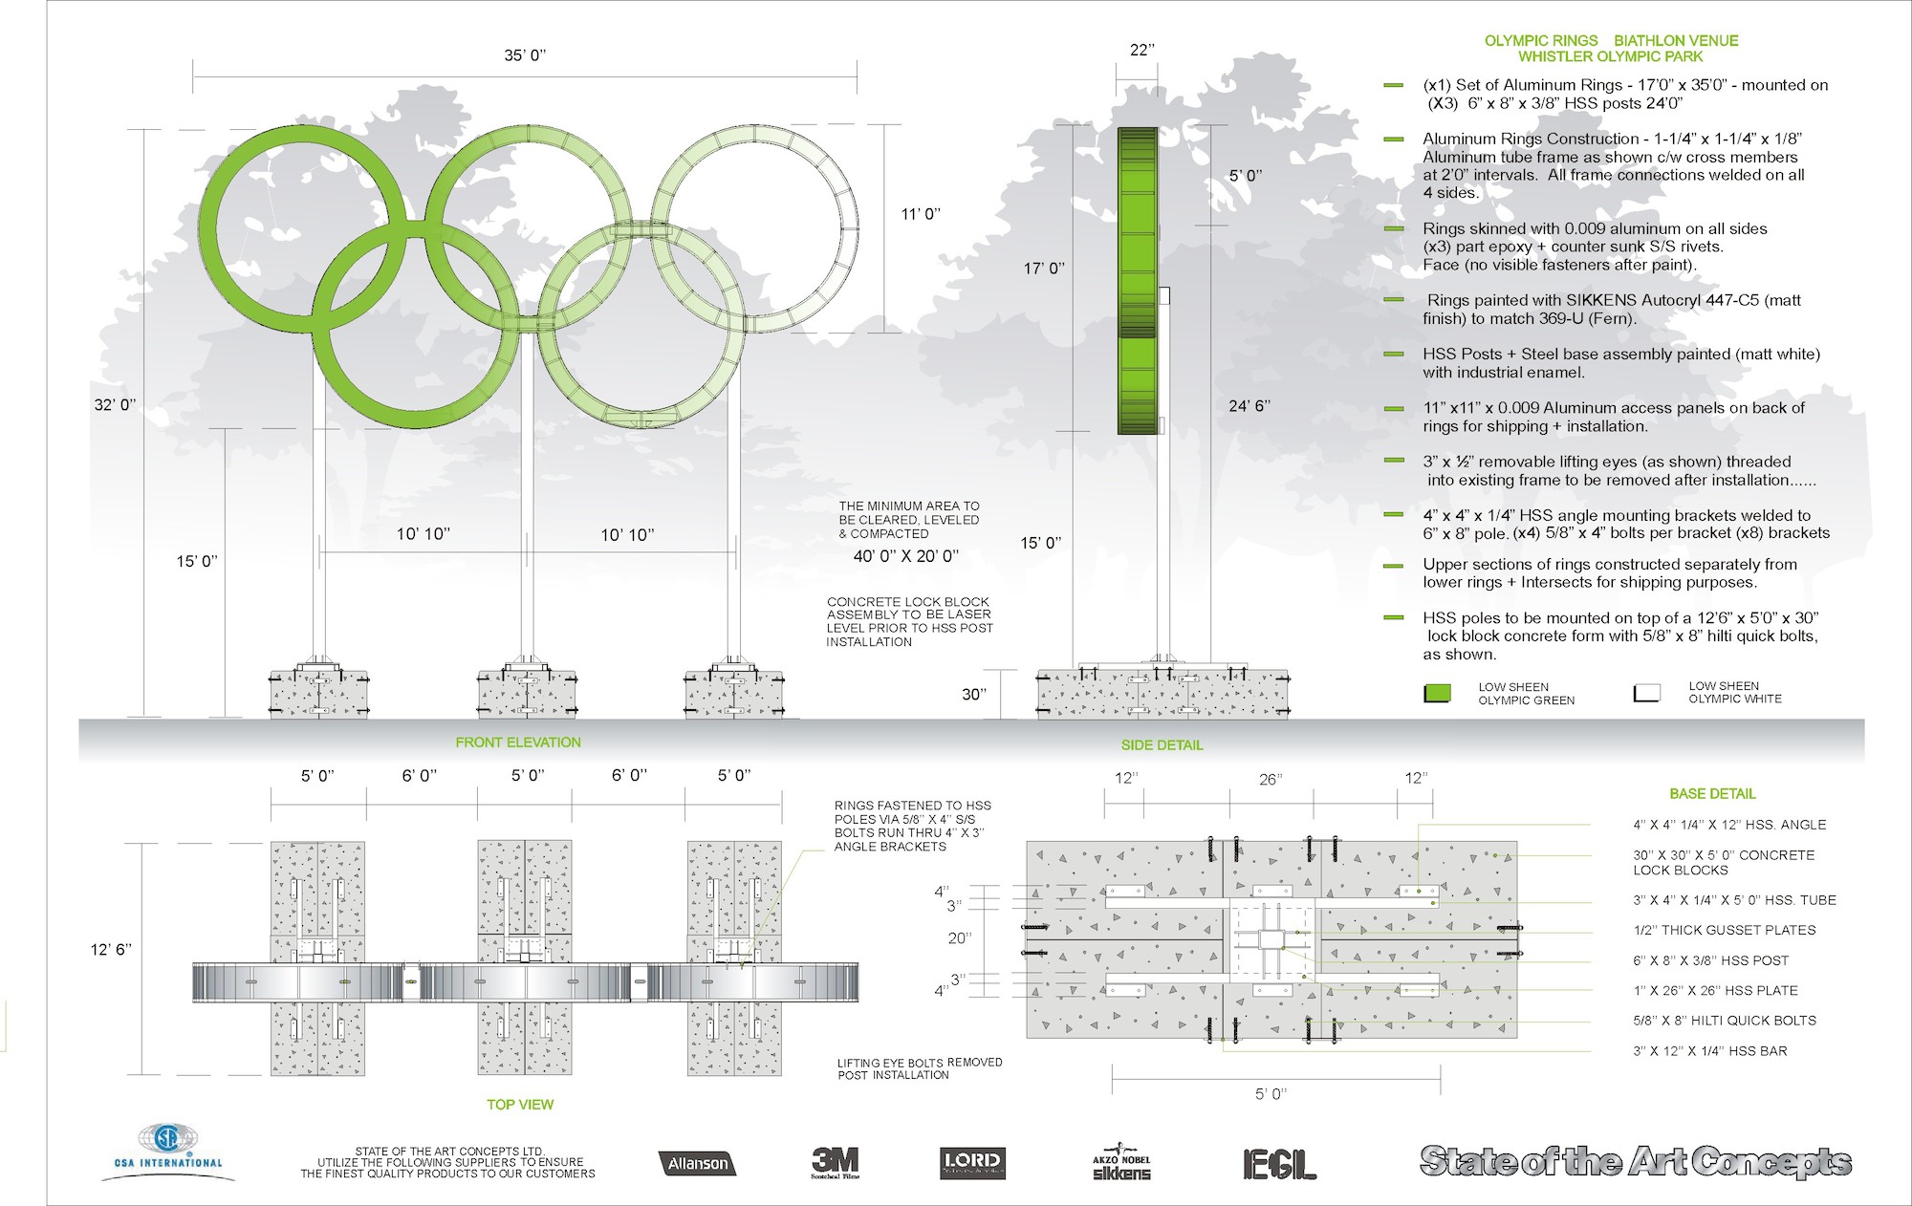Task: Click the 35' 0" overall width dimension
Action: [x=525, y=55]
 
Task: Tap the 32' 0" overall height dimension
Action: [x=115, y=405]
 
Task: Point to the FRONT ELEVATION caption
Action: [x=518, y=743]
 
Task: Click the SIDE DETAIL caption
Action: [x=1162, y=744]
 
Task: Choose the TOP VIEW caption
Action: [x=520, y=1105]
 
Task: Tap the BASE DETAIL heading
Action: [x=1712, y=794]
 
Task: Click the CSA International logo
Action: [x=168, y=1152]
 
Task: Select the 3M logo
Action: [x=835, y=1162]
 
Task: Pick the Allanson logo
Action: [x=697, y=1163]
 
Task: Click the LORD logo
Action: [x=970, y=1162]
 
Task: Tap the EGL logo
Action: [x=1279, y=1163]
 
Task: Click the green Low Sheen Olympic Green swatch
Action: [x=1438, y=694]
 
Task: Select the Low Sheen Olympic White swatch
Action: [x=1646, y=693]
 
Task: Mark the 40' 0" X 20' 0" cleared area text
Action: [x=905, y=555]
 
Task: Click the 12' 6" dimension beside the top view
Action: [x=112, y=950]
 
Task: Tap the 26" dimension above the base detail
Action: [x=1269, y=780]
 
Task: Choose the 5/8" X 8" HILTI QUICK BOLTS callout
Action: [x=1725, y=1021]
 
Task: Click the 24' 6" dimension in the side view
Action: [x=1249, y=406]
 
